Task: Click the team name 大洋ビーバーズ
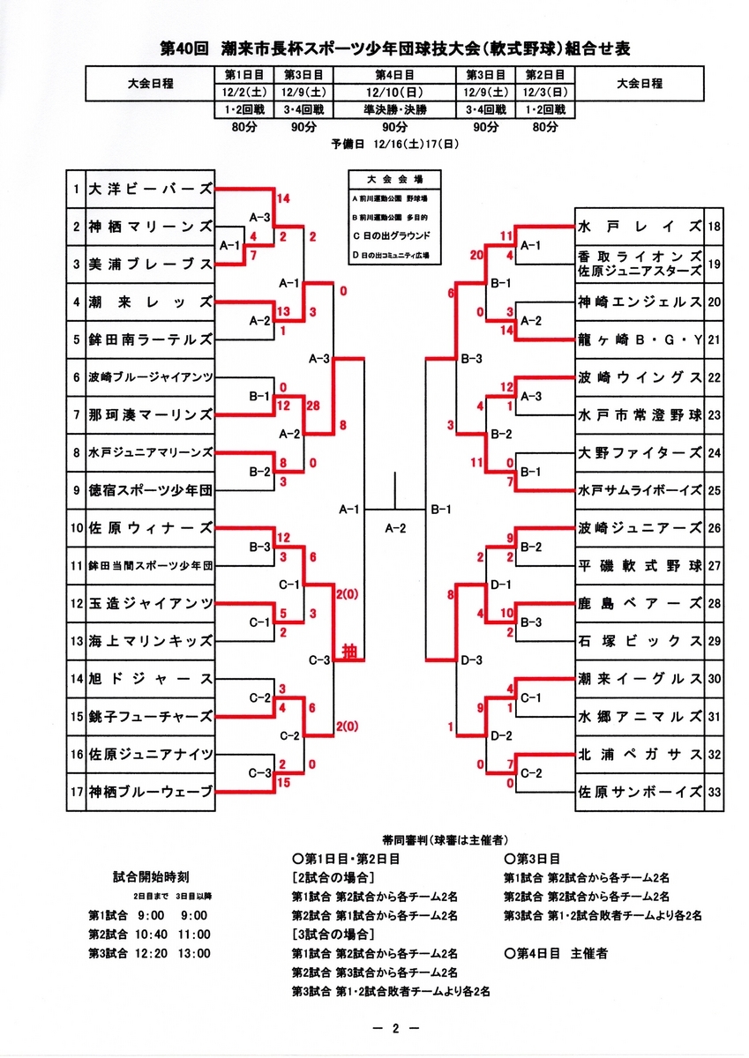[x=150, y=189]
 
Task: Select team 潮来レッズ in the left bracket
[x=150, y=302]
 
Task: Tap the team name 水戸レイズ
[x=639, y=227]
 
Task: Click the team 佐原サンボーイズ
[x=639, y=792]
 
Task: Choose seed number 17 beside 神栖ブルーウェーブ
[x=77, y=792]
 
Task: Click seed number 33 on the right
[x=715, y=792]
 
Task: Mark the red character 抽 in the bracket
[x=349, y=653]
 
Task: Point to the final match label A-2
[x=394, y=528]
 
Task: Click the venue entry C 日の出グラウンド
[x=391, y=235]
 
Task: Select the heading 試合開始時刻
[x=150, y=877]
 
